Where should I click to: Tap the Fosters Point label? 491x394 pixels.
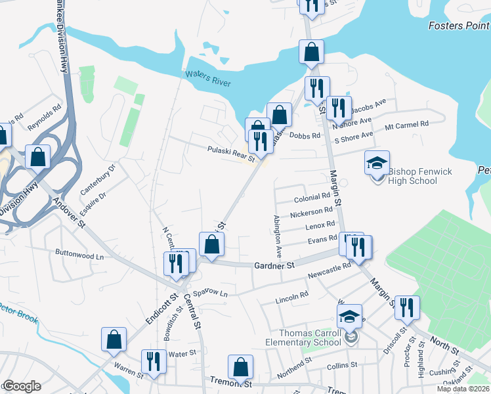pos(459,26)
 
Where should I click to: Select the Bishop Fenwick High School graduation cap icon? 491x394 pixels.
pos(377,162)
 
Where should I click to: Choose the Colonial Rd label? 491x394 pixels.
pos(312,197)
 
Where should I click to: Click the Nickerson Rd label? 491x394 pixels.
pos(311,211)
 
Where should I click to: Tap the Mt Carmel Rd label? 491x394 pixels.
pos(406,124)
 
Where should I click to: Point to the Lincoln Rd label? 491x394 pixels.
pos(291,297)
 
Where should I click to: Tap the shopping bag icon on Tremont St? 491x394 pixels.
pos(241,366)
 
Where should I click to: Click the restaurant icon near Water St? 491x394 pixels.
pos(154,361)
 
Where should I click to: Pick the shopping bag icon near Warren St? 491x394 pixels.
pos(114,339)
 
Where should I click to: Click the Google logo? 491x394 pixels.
pos(21,386)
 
